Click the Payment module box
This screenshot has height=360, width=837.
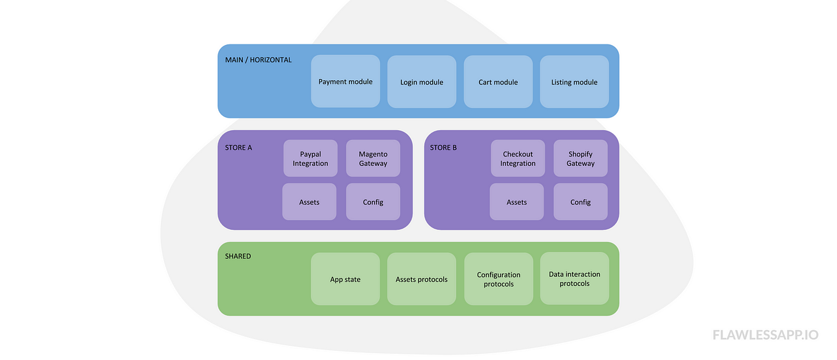pos(345,81)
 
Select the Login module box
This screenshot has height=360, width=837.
pos(422,81)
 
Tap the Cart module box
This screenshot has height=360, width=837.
pos(498,81)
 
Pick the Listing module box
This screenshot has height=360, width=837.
pos(574,81)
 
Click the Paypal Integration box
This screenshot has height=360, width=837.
pos(310,158)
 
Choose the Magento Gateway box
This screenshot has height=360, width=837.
pos(373,158)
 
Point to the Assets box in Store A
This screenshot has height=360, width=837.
pos(309,202)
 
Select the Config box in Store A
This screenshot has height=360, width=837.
pos(373,202)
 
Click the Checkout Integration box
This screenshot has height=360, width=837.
pos(518,158)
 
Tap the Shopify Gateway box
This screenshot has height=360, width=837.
pos(581,158)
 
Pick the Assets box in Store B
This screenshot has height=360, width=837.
pos(516,202)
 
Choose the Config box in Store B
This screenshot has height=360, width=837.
pos(581,202)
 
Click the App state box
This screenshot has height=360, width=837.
pos(345,279)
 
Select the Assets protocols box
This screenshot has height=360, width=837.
pos(422,279)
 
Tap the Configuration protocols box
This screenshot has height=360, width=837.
pos(498,279)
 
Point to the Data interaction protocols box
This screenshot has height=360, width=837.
pos(574,279)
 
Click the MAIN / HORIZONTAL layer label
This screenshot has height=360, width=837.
pos(258,60)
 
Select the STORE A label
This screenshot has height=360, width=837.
pos(239,147)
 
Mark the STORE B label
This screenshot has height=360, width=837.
pos(443,147)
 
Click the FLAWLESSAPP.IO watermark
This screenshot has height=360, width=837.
pos(766,335)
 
